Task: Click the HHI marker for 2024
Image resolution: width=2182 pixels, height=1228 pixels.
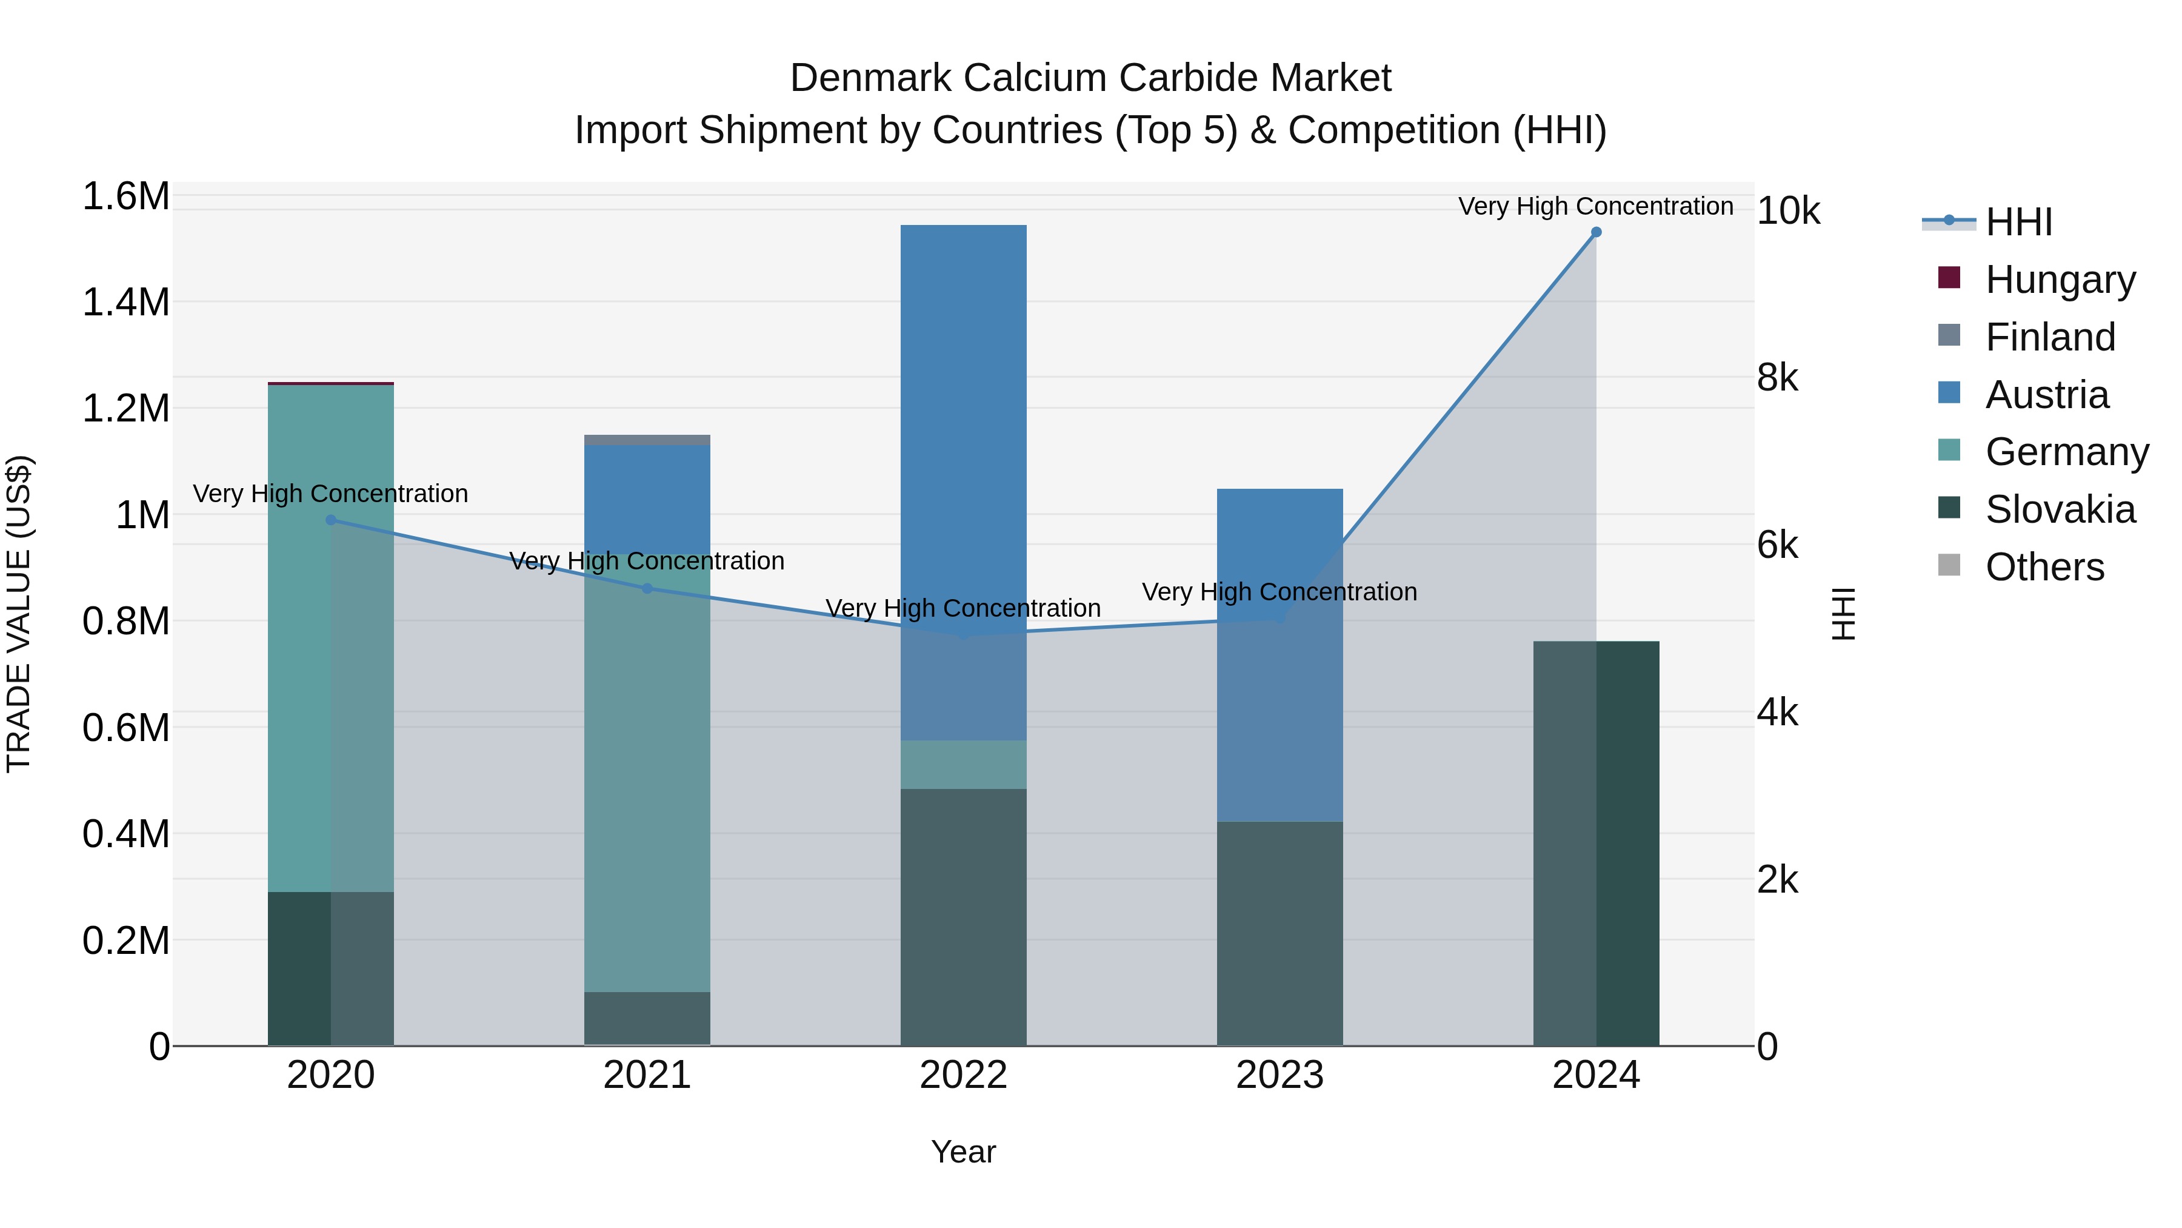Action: point(1596,232)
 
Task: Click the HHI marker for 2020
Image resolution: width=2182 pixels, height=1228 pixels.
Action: point(331,520)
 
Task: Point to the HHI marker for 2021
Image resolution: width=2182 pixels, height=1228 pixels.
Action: point(647,588)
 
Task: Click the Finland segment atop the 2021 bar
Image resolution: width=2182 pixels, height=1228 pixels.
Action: point(647,440)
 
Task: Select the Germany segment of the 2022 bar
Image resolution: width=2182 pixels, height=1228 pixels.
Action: point(963,765)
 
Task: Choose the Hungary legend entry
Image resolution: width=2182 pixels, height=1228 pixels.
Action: point(2060,280)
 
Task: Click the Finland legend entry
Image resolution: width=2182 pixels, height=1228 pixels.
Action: point(2050,337)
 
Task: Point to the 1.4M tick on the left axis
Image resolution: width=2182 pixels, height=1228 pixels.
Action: point(126,303)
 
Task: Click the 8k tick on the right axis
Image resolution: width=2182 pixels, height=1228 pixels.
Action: point(1777,377)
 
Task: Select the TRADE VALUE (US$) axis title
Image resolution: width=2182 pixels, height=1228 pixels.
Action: point(19,614)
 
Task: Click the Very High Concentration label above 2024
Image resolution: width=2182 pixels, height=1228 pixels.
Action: point(1596,207)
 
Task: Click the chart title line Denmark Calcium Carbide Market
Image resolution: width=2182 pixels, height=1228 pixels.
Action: point(1090,78)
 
